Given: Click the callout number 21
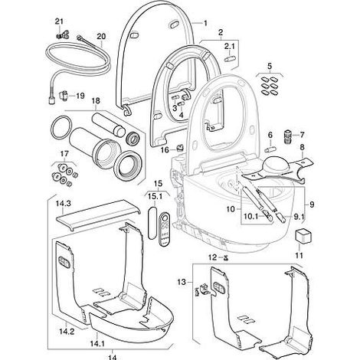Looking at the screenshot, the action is click(59, 21).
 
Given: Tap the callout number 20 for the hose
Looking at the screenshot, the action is click(101, 37).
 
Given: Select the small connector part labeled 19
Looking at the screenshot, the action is click(63, 97).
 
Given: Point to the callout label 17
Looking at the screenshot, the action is click(64, 154).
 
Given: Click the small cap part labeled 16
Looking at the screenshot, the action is click(181, 147).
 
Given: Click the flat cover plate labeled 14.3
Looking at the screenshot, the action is click(98, 214).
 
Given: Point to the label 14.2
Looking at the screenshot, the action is click(67, 332).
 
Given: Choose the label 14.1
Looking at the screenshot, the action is click(97, 344).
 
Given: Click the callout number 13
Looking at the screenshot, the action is click(182, 282).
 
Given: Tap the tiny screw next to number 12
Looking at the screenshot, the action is click(225, 258).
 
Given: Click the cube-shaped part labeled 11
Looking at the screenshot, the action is click(302, 236).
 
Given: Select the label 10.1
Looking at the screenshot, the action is click(251, 217).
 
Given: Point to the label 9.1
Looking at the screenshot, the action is click(299, 217).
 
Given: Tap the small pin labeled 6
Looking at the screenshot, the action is click(270, 149).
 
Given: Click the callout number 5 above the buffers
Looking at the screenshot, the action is click(270, 67).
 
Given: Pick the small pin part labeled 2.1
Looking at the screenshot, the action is click(229, 58).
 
